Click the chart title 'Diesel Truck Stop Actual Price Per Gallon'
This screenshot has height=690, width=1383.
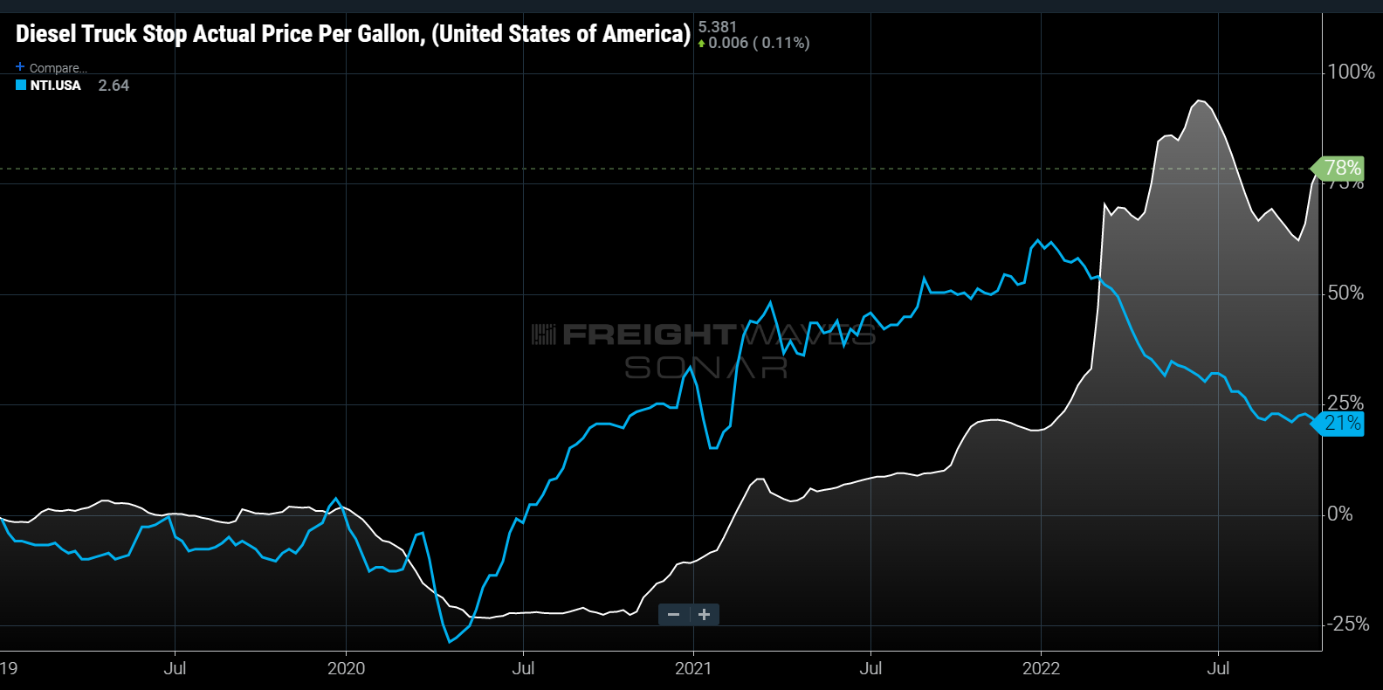pos(353,34)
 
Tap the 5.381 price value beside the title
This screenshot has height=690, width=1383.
pos(718,27)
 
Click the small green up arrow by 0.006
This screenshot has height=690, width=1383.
pos(701,44)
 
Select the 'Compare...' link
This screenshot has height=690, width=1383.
pos(57,68)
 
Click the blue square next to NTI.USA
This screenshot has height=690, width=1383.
pos(21,85)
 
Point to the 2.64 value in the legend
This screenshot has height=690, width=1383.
pos(114,86)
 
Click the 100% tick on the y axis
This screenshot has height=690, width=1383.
pos(1351,72)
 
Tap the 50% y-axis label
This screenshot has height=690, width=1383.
pos(1345,293)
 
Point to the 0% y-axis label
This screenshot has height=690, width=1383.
pos(1340,514)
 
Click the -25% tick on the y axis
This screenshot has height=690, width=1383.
pos(1348,624)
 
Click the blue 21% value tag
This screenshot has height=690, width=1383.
pos(1342,424)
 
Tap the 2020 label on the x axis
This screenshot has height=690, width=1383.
pos(346,669)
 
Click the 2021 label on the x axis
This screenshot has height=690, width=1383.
pos(693,669)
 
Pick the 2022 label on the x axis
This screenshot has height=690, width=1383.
pos(1041,669)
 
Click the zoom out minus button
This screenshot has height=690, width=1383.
pos(673,615)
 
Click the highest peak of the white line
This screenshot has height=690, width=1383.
pos(1201,101)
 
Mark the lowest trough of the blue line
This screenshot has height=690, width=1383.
pos(450,642)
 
